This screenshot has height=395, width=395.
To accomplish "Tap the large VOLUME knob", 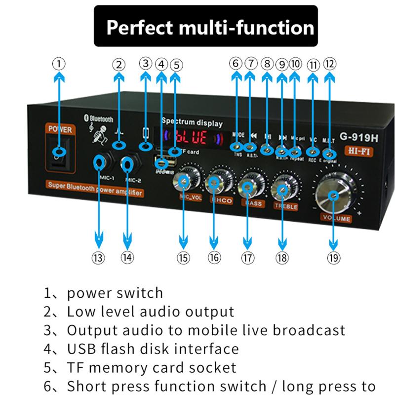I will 335,195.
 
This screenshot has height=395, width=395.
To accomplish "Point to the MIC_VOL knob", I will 184,182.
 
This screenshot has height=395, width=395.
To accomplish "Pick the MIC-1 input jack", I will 99,161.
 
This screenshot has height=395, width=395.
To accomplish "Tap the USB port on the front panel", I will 161,162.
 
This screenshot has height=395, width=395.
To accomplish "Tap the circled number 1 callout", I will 59,64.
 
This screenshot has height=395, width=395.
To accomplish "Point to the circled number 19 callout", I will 333,257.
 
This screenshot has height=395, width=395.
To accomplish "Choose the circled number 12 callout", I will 329,64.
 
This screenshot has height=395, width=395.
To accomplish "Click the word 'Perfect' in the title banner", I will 140,27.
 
